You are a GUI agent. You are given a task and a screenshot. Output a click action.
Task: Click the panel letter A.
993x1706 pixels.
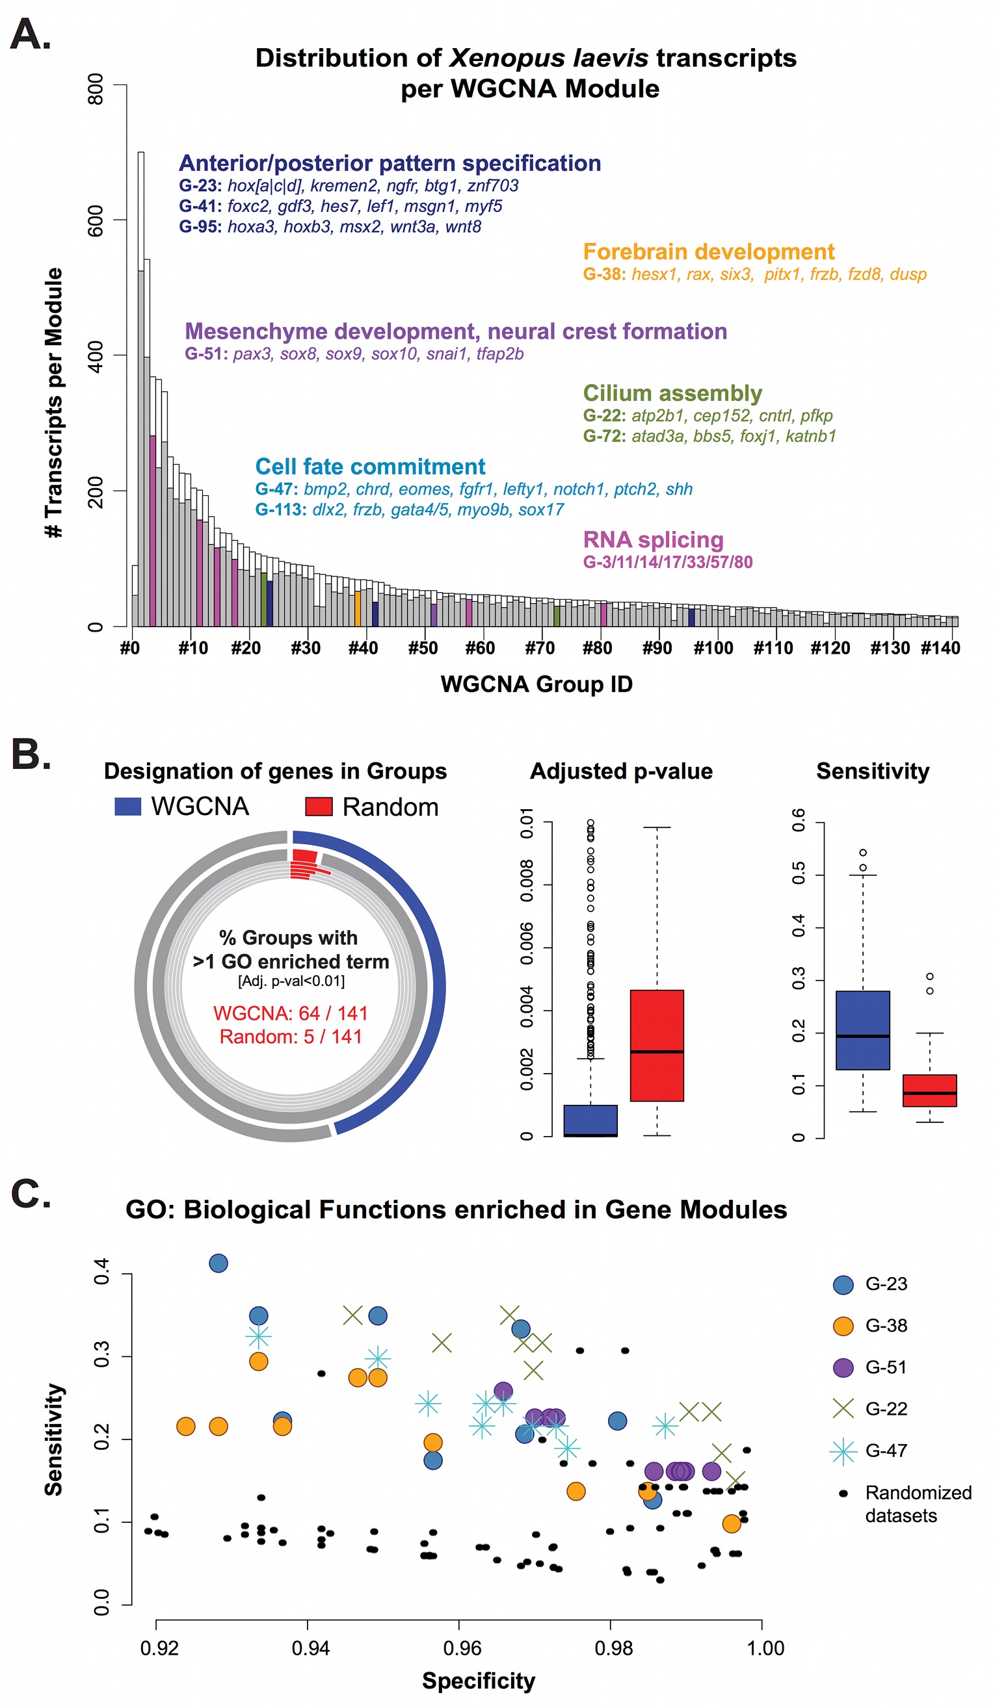point(30,35)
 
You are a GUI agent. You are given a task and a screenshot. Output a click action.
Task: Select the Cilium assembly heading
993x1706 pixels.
point(672,393)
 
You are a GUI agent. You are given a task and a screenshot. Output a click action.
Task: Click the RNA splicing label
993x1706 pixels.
point(653,539)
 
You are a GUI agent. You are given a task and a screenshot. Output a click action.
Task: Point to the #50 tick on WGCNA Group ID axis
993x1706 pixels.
point(423,649)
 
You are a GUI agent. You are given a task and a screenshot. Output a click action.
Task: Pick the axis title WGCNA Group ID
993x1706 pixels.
point(536,684)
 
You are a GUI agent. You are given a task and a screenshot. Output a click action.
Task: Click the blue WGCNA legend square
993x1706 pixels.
point(128,807)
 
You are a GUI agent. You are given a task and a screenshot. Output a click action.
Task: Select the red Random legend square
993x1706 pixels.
point(319,807)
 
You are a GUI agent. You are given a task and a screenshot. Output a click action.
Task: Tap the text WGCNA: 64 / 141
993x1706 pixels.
point(290,1013)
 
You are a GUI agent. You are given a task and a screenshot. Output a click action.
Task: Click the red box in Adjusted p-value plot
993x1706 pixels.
point(656,1045)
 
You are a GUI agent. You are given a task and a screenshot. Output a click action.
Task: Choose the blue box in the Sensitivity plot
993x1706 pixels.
point(862,1029)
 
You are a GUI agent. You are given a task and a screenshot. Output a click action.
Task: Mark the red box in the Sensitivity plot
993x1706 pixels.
point(929,1090)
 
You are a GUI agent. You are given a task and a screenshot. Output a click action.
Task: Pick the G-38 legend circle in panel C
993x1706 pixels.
point(843,1326)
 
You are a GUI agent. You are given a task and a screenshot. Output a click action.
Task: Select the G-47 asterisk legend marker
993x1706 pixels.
point(843,1451)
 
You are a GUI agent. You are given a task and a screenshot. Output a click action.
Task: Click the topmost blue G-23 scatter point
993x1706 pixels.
point(218,1263)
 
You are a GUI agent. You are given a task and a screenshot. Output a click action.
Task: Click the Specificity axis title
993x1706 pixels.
point(478,1681)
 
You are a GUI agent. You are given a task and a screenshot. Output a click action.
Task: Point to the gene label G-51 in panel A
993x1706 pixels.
point(206,354)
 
